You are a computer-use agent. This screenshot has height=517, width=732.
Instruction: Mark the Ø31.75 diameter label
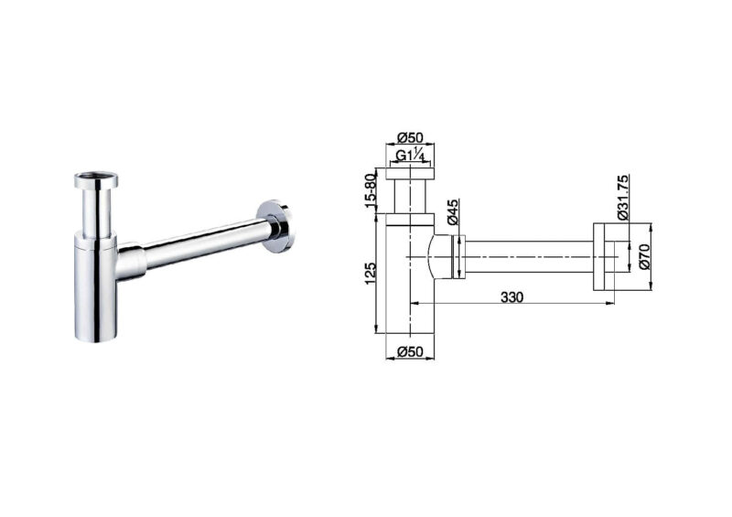(x=622, y=196)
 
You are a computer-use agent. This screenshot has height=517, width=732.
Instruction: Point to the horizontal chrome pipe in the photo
(x=201, y=242)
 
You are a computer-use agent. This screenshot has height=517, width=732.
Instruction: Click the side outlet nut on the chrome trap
(x=132, y=262)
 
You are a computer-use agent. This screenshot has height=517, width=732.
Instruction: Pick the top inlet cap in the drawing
(x=408, y=172)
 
